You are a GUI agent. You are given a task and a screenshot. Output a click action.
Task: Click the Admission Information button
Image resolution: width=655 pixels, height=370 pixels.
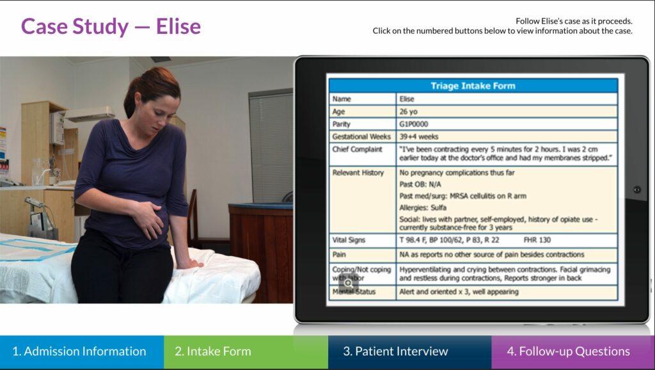[82, 351]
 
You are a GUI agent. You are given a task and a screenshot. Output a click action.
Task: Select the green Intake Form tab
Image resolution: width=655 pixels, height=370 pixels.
[246, 351]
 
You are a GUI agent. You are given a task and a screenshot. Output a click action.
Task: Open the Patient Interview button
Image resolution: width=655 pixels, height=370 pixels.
[410, 351]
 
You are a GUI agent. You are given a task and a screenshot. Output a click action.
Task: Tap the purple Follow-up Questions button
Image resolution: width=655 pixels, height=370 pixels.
[573, 351]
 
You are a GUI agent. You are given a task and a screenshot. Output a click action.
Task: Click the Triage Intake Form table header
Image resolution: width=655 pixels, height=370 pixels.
[473, 86]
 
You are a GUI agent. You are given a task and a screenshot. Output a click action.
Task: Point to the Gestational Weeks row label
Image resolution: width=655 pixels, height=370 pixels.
[361, 137]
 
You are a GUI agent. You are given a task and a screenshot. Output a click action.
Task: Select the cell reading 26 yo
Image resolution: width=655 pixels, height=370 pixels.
[507, 111]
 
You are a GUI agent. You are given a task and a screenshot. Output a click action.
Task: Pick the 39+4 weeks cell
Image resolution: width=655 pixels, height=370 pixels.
[507, 137]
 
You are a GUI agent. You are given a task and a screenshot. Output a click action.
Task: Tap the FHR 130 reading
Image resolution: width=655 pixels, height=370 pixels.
[537, 240]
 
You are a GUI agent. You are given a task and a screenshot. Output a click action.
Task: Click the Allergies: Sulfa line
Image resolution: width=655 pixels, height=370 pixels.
[423, 208]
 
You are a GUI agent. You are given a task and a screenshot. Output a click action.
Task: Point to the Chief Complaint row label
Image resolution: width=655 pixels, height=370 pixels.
[357, 149]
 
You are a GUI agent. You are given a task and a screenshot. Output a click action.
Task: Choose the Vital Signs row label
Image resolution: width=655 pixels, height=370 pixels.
[349, 240]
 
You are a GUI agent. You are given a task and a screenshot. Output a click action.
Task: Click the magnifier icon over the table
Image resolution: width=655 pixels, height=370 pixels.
[348, 283]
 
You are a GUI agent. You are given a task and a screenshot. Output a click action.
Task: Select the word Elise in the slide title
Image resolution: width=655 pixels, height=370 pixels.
[178, 26]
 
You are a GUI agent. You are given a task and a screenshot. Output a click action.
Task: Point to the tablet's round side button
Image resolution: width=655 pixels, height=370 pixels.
[637, 190]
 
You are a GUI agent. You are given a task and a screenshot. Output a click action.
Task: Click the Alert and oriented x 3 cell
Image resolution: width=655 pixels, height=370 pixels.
[507, 293]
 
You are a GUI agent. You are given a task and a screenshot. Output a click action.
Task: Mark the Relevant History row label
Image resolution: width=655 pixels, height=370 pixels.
[358, 173]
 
